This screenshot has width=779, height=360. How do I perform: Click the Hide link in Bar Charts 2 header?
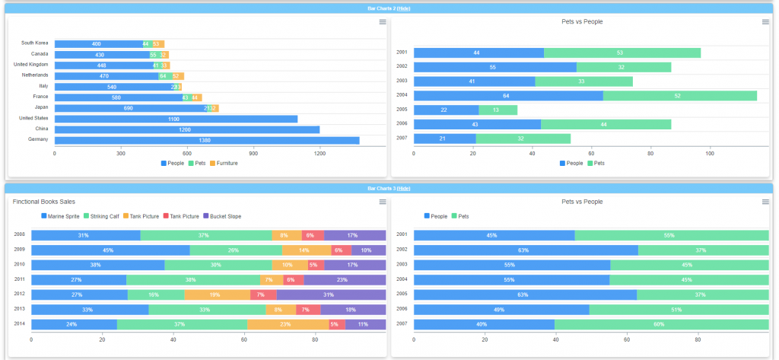point(403,8)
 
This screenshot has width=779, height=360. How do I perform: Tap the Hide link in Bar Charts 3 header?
point(403,188)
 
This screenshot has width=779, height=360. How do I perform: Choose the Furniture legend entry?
point(223,163)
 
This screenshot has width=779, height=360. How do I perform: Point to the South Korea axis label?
point(34,43)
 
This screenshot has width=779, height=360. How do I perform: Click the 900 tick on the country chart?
point(253,153)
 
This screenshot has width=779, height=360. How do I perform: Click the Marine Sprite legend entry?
point(60,216)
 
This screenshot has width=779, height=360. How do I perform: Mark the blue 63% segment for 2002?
point(525,250)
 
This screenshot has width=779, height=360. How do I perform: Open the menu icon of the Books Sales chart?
point(383,202)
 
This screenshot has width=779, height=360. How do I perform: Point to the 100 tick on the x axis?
point(709,153)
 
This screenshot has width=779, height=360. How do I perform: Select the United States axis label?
point(33,118)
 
